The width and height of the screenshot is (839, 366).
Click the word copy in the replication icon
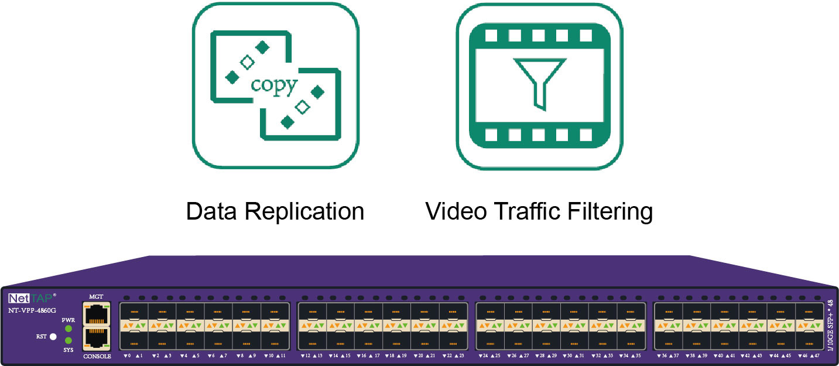pos(274,85)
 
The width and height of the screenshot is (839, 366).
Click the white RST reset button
pos(53,337)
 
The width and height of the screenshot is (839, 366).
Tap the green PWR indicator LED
pos(69,329)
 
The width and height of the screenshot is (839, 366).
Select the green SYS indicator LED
pos(69,340)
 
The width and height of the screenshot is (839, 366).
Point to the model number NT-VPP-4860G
pos(32,310)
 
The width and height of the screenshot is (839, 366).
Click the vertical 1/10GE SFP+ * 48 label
pos(831,325)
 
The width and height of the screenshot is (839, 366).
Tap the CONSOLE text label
pos(97,356)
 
